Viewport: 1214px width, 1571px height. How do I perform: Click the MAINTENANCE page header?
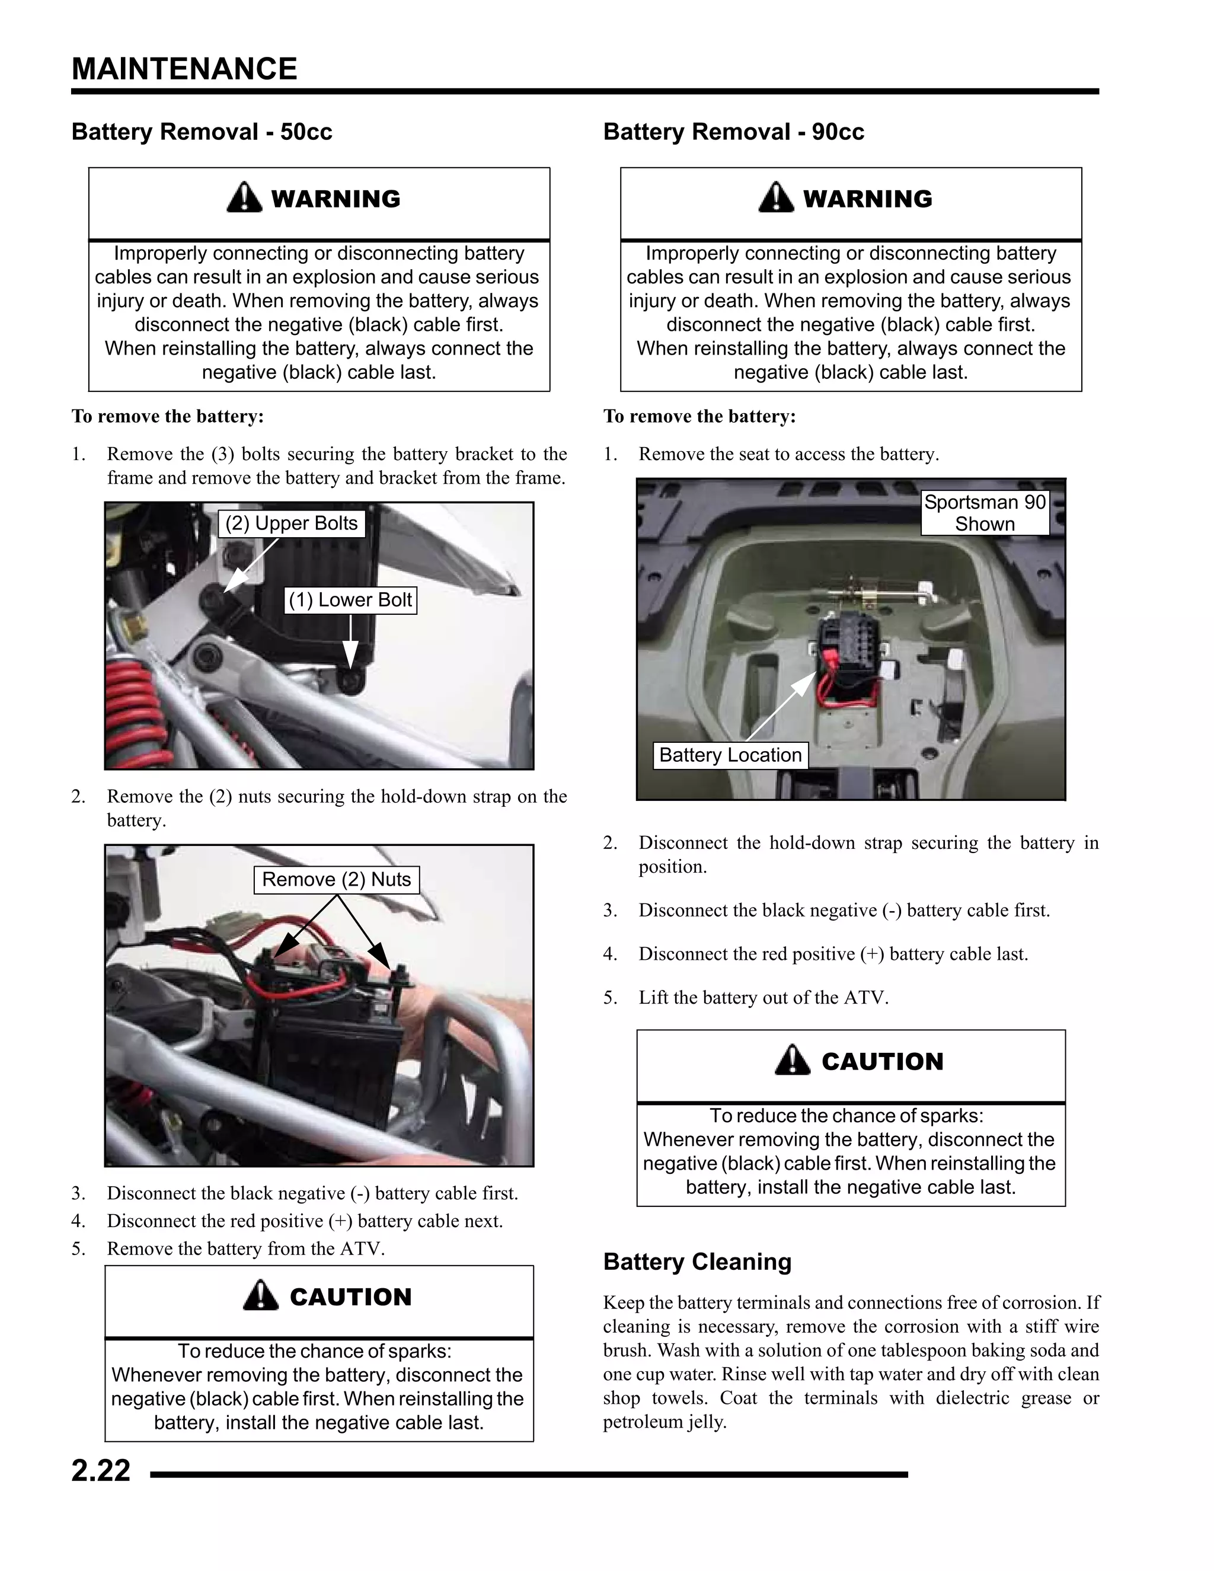184,69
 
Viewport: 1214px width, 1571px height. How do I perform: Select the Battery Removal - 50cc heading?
202,132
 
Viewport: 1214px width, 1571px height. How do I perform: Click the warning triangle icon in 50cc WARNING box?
245,197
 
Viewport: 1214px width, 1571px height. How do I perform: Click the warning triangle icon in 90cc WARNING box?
776,197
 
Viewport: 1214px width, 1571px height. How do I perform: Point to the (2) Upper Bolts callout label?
291,523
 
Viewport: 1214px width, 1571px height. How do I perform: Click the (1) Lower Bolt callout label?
350,600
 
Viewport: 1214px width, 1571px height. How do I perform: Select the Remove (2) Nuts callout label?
336,879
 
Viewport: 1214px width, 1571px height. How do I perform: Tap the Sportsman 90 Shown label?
985,513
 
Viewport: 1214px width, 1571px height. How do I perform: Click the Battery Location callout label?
730,755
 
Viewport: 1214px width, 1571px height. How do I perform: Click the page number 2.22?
101,1470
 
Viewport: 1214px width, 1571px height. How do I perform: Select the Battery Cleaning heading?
697,1262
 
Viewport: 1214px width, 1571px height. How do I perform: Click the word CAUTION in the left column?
350,1297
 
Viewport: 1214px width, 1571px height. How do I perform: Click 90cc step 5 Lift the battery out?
763,998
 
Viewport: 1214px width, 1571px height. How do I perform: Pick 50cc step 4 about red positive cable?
304,1221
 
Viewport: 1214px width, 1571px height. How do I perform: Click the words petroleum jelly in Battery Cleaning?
664,1422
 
